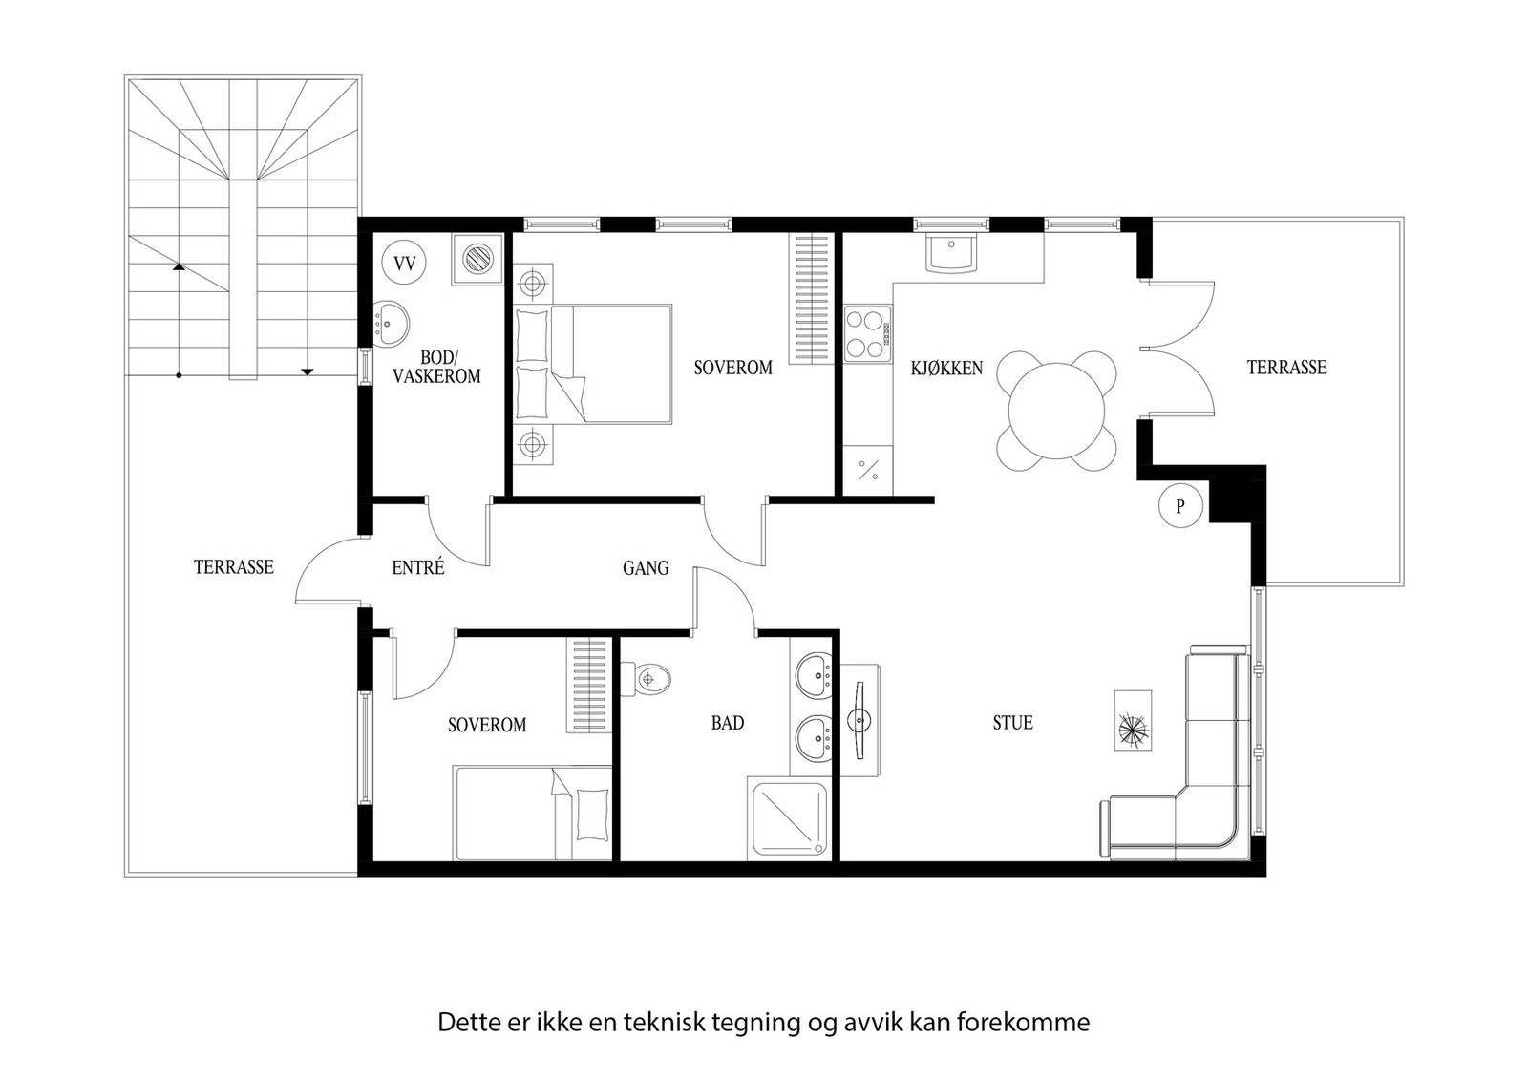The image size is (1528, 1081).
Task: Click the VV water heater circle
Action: click(404, 262)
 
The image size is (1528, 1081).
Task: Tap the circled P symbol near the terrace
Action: click(1179, 506)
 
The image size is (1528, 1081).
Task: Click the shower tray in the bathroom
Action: click(789, 819)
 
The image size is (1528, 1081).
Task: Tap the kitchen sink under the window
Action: click(951, 253)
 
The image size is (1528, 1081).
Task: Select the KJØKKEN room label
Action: click(946, 368)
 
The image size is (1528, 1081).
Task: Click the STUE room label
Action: click(1012, 723)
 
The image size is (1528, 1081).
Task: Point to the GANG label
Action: click(646, 568)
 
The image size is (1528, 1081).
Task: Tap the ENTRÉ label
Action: click(418, 567)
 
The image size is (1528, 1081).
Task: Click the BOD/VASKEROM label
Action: click(436, 367)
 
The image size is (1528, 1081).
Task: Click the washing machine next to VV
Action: click(477, 259)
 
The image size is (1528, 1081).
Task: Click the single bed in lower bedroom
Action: click(533, 813)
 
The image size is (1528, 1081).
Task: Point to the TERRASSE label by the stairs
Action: click(234, 567)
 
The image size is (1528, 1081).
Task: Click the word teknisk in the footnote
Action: click(665, 1023)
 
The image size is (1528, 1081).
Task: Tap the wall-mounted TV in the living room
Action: click(859, 720)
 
